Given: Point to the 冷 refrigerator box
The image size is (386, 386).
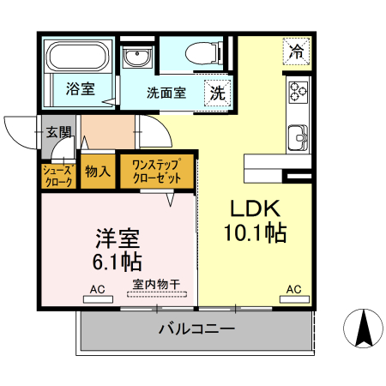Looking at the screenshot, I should pos(296,51).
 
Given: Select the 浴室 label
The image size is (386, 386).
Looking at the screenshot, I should pos(80,88).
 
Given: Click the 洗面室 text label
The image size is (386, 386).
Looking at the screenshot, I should pos(166,93).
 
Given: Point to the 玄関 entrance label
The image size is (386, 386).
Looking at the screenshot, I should pos(58,133).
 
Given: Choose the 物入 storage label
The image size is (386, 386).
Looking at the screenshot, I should pos(98,172).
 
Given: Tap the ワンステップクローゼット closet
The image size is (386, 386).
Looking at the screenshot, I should pos(156,172).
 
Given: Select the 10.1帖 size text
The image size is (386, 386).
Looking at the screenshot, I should pos(256,232).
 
